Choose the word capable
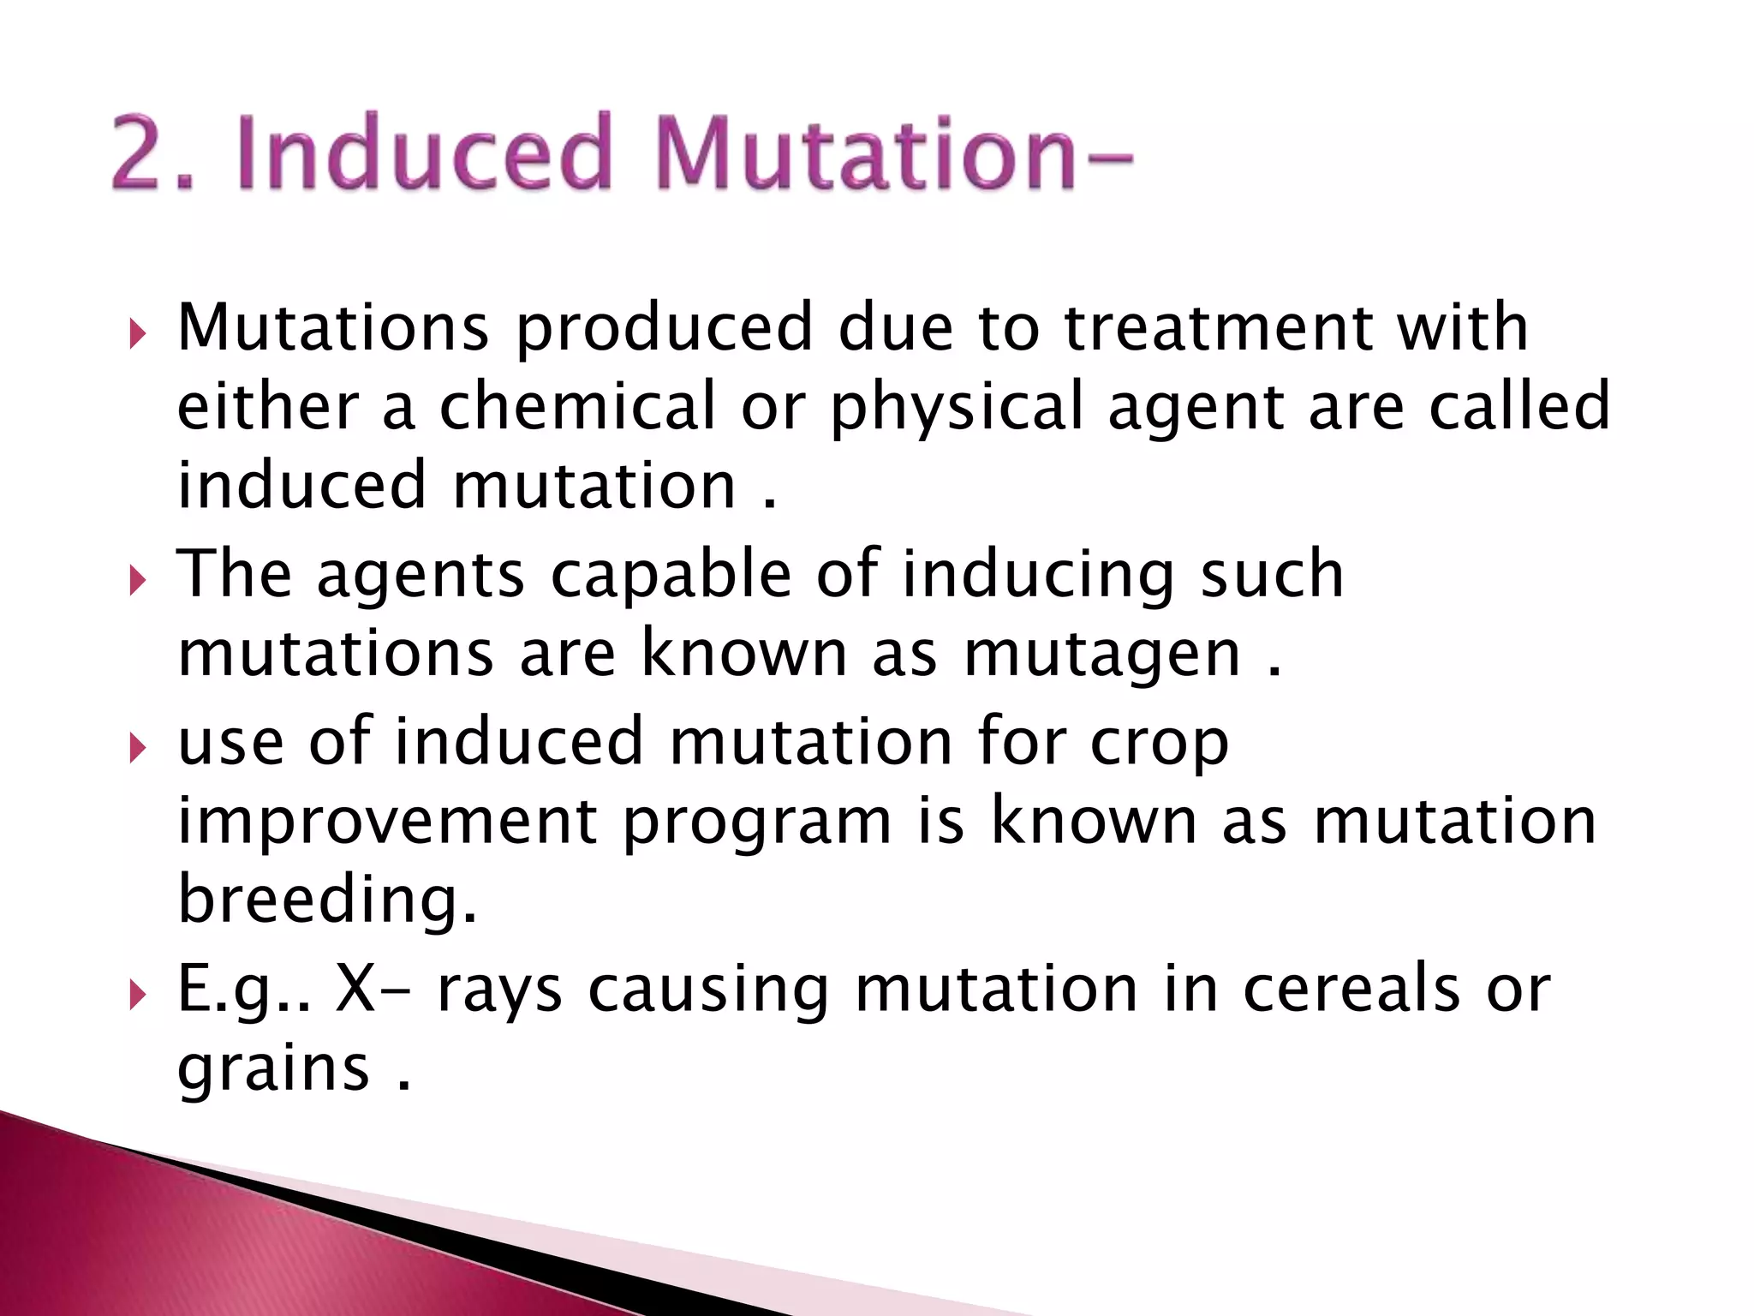coord(671,576)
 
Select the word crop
coord(1160,744)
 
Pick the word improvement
coord(387,822)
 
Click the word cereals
coord(1351,989)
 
